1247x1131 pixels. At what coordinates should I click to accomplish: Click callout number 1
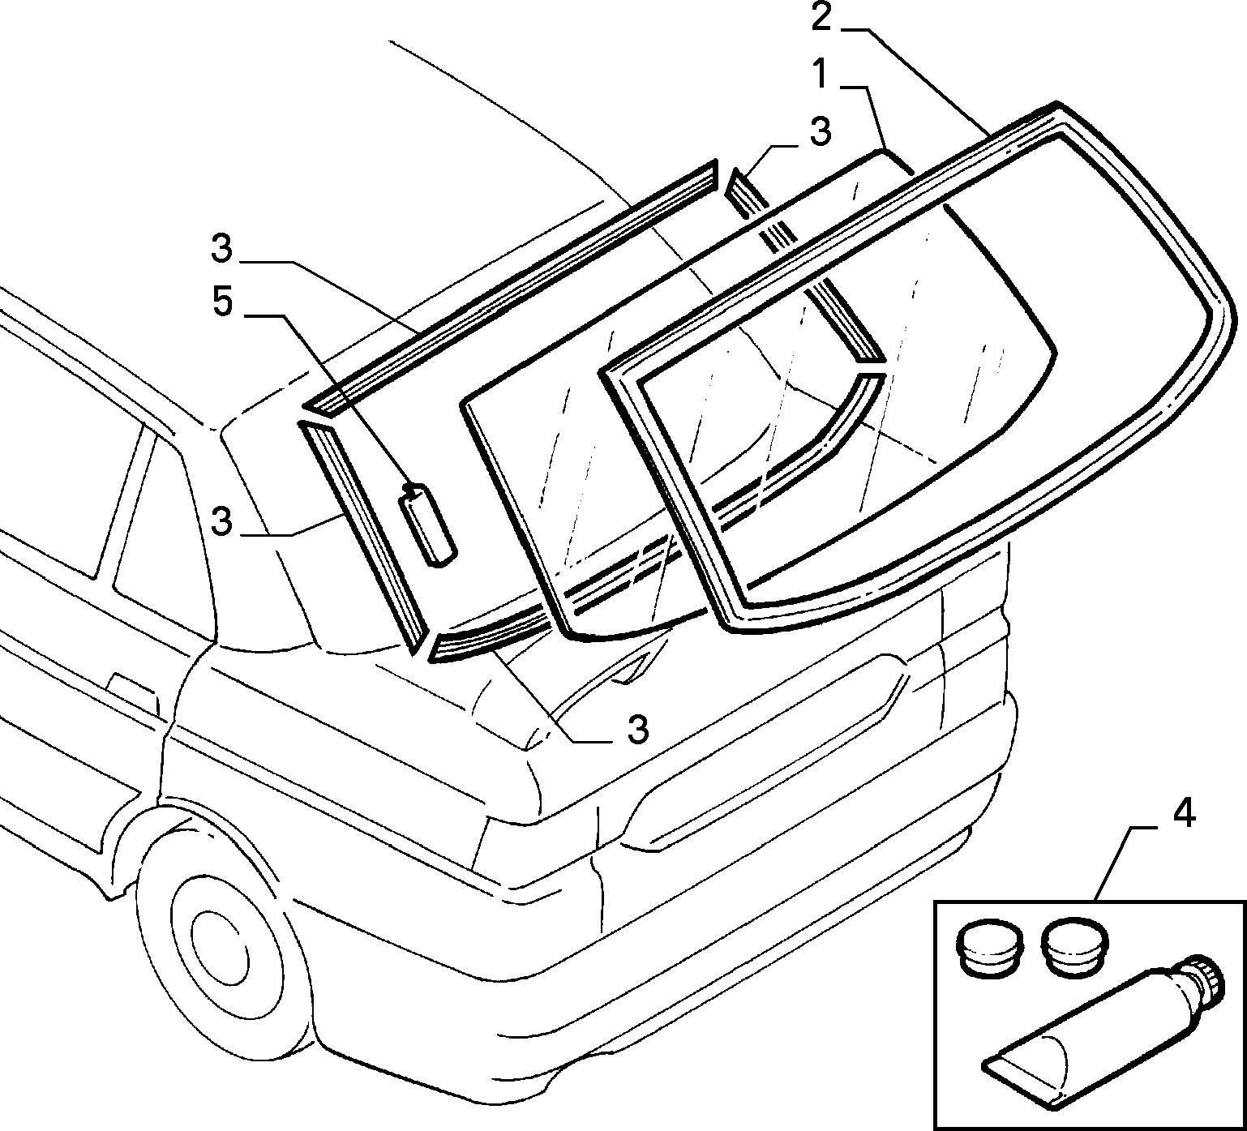(x=821, y=76)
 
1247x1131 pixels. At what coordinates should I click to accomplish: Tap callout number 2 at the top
(x=821, y=16)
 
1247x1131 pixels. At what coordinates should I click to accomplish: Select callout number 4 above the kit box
(x=1184, y=813)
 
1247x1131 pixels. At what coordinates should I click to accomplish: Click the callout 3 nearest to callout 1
(x=821, y=132)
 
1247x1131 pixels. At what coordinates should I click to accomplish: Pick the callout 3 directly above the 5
(x=222, y=249)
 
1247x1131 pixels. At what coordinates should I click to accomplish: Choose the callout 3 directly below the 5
(x=222, y=521)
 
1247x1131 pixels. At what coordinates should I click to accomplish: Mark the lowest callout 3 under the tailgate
(x=639, y=729)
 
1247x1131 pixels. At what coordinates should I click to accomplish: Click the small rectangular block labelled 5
(x=426, y=524)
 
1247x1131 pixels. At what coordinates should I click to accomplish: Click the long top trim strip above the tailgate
(x=511, y=288)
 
